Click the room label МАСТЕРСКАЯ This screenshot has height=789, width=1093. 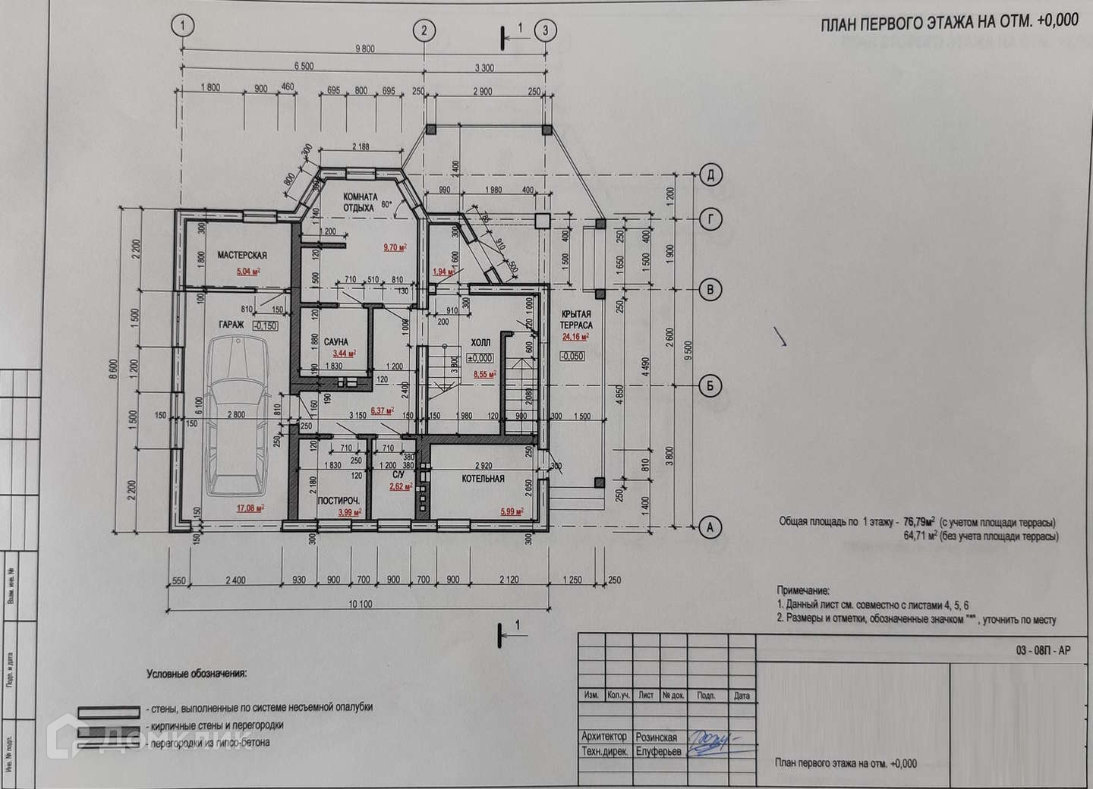[242, 256]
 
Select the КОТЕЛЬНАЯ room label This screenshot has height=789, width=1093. [484, 479]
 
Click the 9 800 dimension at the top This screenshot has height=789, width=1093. [364, 49]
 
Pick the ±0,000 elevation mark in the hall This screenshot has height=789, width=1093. [480, 358]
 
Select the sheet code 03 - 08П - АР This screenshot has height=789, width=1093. [1043, 650]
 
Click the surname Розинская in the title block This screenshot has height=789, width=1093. [657, 737]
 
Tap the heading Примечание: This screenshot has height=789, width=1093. [803, 589]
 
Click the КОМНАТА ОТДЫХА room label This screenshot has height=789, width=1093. [358, 201]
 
